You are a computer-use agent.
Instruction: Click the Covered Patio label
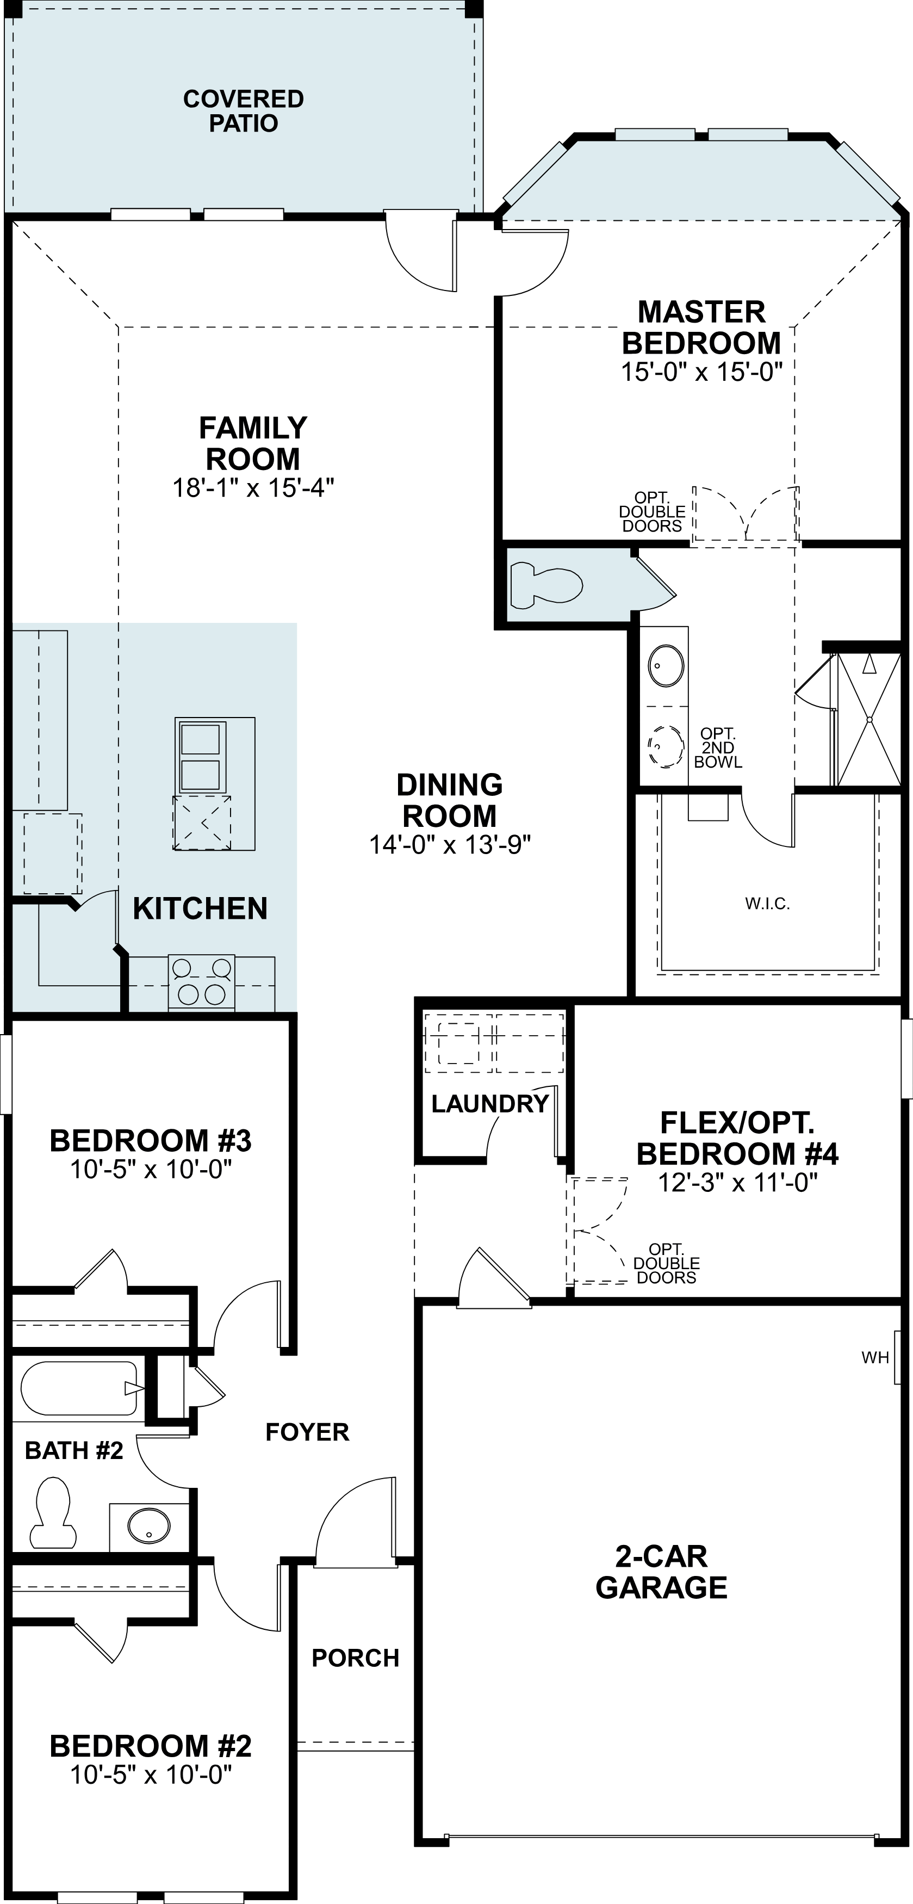coord(243,111)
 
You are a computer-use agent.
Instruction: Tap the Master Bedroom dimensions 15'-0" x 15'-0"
coord(701,372)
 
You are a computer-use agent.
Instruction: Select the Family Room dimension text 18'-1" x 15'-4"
coord(253,488)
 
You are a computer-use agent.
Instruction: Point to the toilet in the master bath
coord(546,585)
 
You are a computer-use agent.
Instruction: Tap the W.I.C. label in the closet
coord(767,903)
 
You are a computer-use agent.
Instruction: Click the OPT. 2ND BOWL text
coord(718,747)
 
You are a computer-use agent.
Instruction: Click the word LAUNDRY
coord(490,1104)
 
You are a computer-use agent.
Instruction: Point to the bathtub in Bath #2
coord(79,1388)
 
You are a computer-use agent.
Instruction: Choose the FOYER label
coord(307,1432)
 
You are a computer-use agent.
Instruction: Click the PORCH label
coord(355,1658)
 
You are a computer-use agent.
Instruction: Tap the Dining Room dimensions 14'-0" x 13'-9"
coord(450,844)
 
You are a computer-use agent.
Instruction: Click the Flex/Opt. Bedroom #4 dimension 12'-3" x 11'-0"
coord(737,1183)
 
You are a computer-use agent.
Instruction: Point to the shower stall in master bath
coord(868,719)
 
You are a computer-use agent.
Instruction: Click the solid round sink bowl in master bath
coord(666,665)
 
